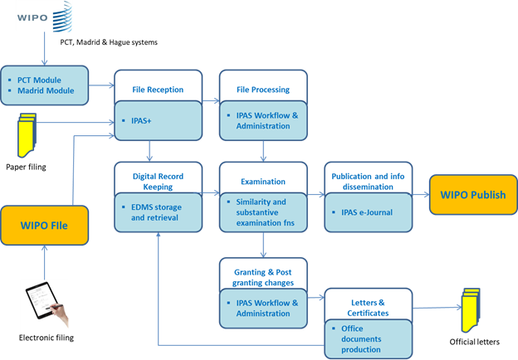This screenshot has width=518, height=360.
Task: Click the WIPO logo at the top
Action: click(45, 17)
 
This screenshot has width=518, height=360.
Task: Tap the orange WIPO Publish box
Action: click(473, 195)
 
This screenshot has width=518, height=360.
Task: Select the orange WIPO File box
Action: click(44, 226)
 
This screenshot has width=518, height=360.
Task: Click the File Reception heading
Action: click(158, 90)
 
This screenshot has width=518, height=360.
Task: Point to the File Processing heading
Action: click(263, 90)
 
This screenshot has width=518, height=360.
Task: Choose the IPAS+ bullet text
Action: click(141, 121)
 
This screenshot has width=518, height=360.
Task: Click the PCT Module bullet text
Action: click(39, 80)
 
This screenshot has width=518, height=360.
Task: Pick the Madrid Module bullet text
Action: click(46, 90)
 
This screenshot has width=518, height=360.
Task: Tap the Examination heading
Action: click(263, 182)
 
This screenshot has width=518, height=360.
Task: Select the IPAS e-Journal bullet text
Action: click(367, 212)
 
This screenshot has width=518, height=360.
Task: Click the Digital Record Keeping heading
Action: click(158, 182)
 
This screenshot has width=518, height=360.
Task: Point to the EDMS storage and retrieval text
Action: click(156, 212)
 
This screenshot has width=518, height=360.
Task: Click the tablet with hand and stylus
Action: click(47, 303)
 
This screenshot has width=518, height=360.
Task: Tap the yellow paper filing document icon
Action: click(27, 135)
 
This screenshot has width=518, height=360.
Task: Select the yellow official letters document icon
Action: click(471, 310)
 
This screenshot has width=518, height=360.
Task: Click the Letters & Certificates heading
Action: click(368, 308)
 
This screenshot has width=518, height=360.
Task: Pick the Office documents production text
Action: click(361, 339)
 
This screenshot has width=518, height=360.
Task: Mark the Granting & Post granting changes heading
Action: click(263, 278)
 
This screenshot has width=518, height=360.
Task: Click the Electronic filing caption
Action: click(46, 338)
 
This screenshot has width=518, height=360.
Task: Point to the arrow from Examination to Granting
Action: click(263, 245)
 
